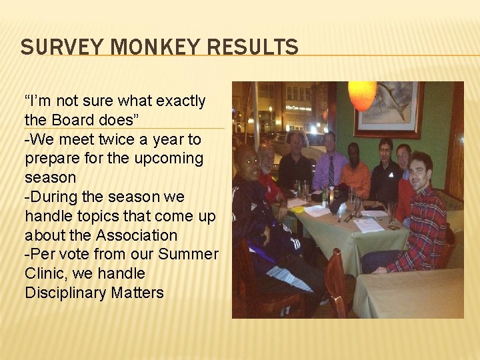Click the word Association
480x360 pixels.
click(136, 235)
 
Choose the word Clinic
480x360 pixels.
click(47, 273)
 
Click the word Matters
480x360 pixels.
click(139, 293)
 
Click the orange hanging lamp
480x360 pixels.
click(362, 95)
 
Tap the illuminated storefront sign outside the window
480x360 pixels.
click(299, 107)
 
